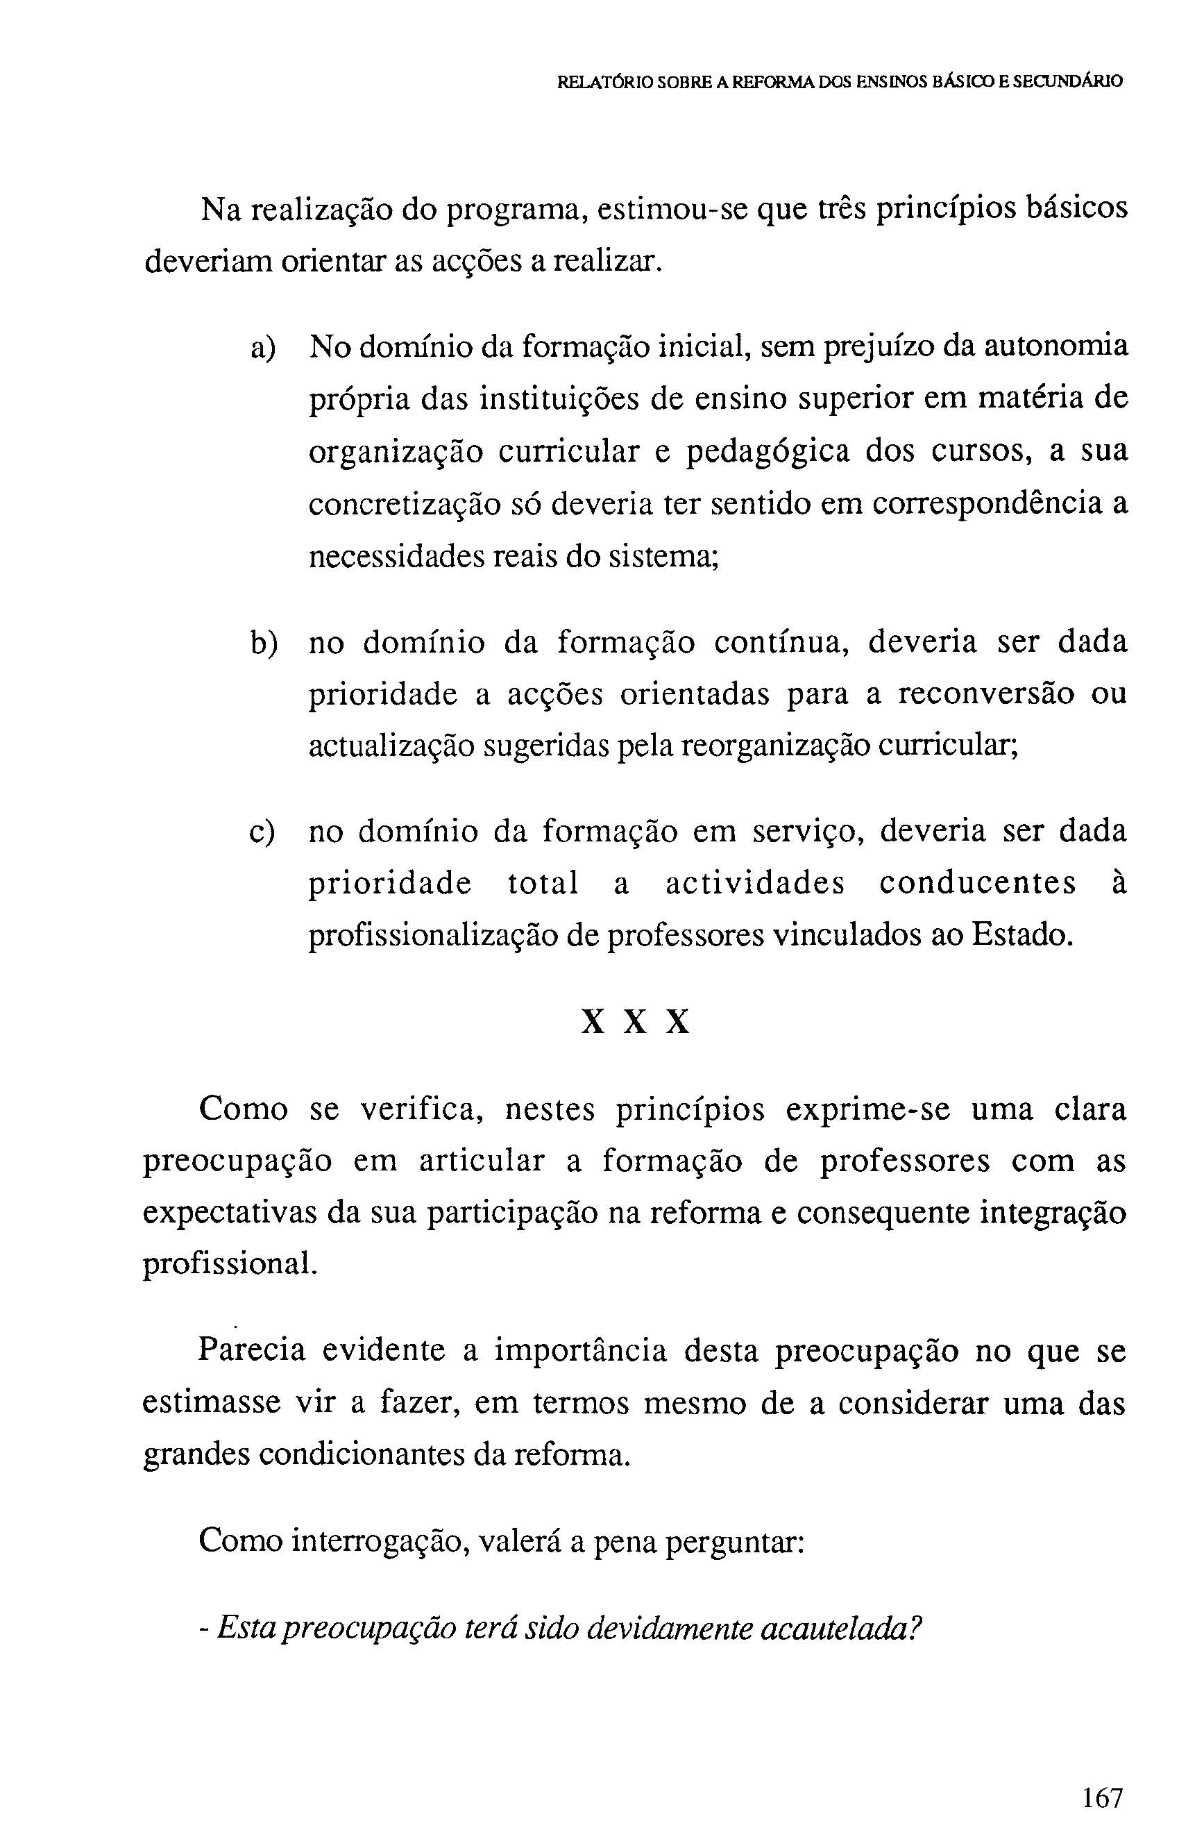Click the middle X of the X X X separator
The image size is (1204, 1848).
pos(635,1023)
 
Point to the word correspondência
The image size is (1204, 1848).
pos(987,505)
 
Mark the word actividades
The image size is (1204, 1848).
pos(754,884)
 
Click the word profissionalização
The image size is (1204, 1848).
pos(432,937)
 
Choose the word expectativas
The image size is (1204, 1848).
pos(229,1213)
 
